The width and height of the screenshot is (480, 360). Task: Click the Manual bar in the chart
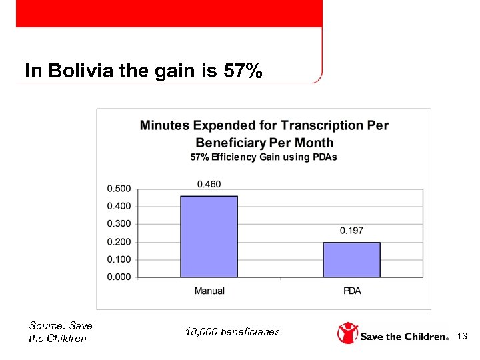pyautogui.click(x=209, y=237)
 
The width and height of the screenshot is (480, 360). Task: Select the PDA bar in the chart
pyautogui.click(x=351, y=259)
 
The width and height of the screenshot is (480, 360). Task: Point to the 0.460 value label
pyautogui.click(x=209, y=184)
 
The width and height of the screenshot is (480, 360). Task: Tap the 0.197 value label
pyautogui.click(x=351, y=231)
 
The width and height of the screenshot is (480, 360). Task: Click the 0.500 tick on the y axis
pyautogui.click(x=119, y=189)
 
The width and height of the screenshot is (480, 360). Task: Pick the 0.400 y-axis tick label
pyautogui.click(x=119, y=207)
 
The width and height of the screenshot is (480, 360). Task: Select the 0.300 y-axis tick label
pyautogui.click(x=119, y=224)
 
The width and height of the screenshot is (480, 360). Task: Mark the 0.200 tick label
pyautogui.click(x=119, y=242)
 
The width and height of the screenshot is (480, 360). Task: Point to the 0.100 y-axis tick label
pyautogui.click(x=119, y=259)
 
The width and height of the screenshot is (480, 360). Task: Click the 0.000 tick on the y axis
pyautogui.click(x=119, y=277)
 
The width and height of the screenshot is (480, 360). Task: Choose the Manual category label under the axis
pyautogui.click(x=209, y=291)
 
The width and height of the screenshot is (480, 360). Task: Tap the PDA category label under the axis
pyautogui.click(x=352, y=291)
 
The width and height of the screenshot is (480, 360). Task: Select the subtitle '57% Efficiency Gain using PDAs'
pyautogui.click(x=264, y=157)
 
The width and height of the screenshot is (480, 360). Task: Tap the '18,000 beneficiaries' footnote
pyautogui.click(x=232, y=332)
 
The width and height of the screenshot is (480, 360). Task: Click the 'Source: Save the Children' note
pyautogui.click(x=60, y=332)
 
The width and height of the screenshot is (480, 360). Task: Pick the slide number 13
pyautogui.click(x=463, y=337)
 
